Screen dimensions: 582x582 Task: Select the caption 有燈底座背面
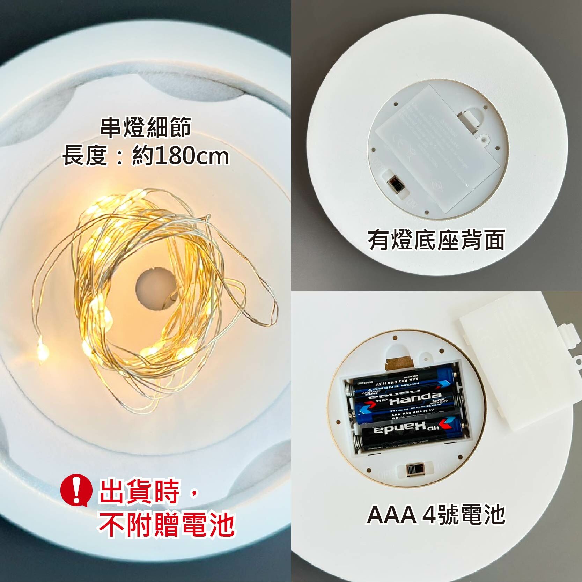coord(436,241)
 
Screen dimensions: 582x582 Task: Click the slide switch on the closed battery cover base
coord(396,184)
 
